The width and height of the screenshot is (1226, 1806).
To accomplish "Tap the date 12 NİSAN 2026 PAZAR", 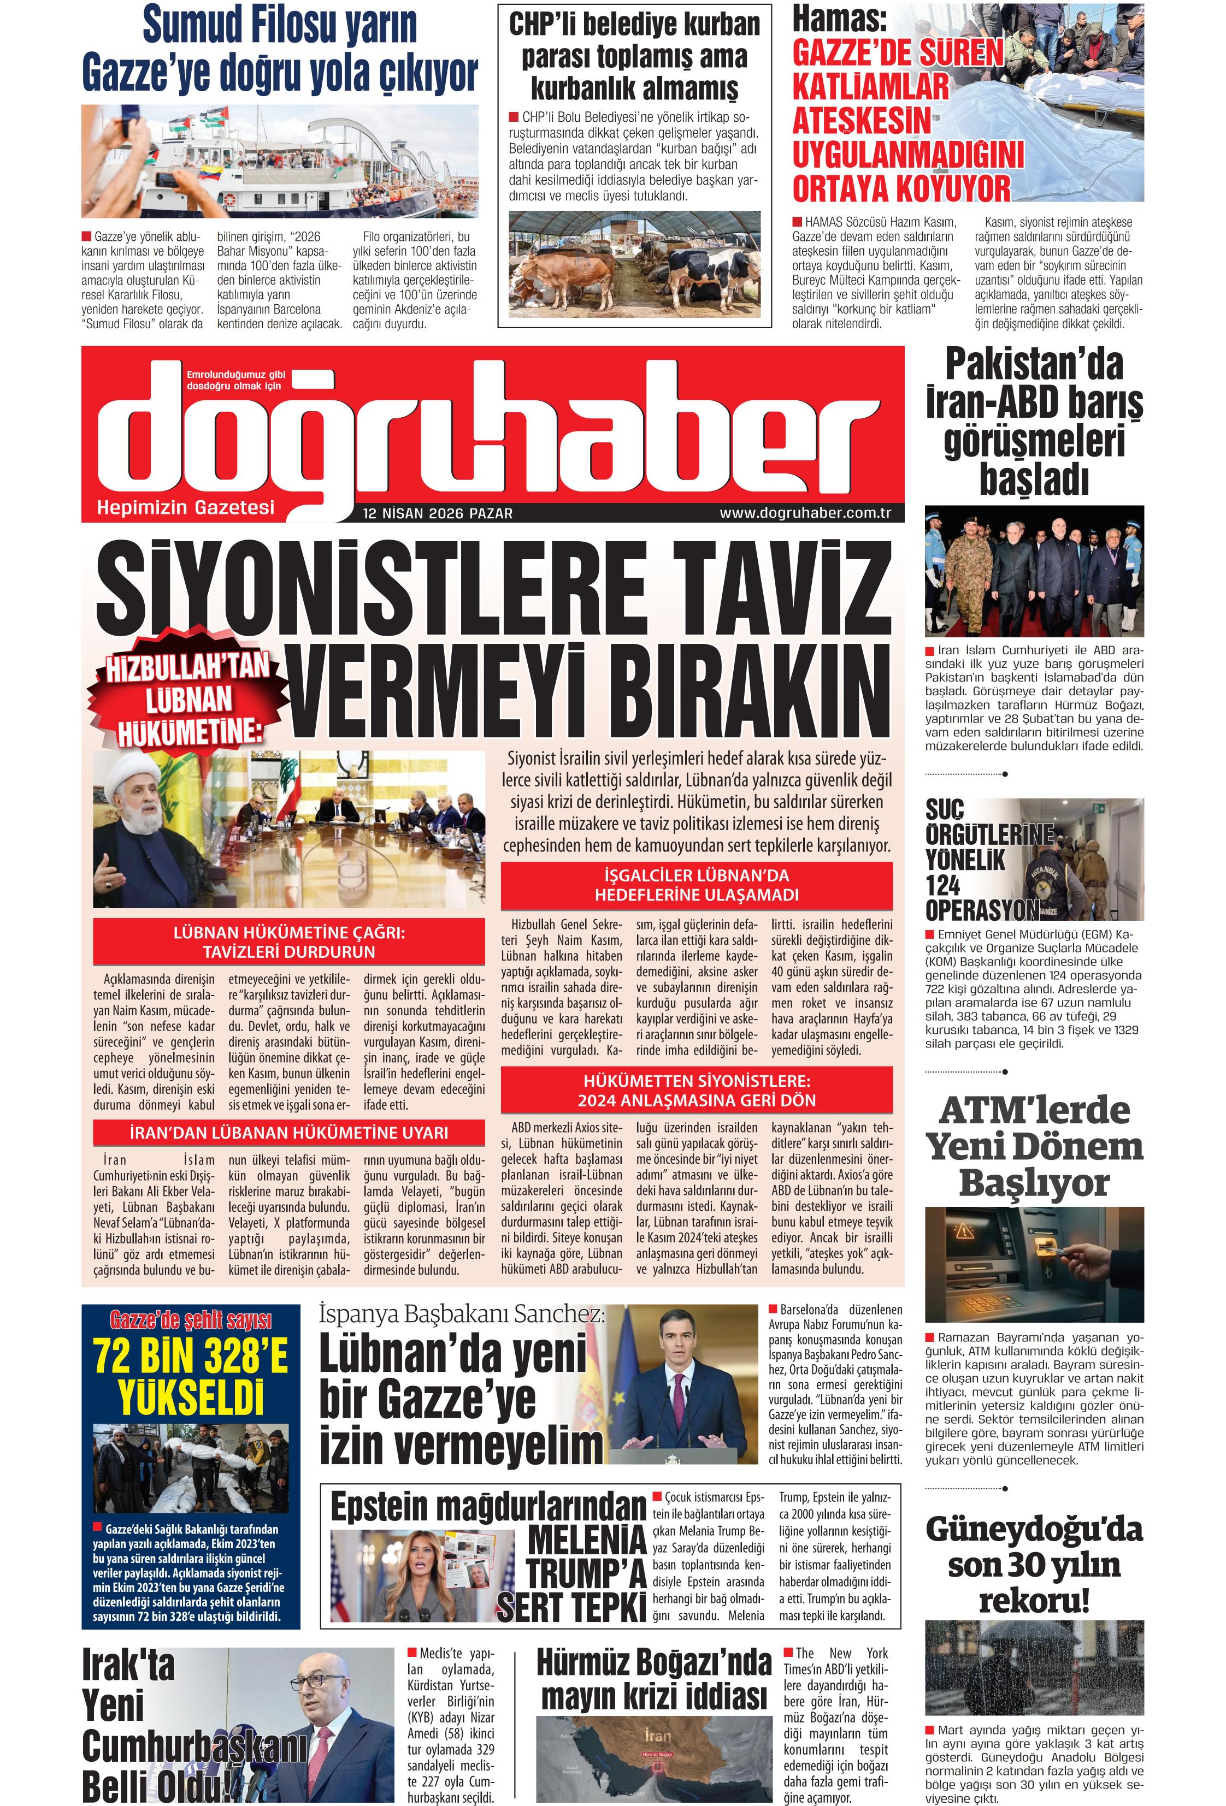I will click(x=438, y=514).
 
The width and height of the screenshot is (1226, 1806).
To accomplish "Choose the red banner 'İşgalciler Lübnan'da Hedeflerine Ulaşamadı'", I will click(x=696, y=885).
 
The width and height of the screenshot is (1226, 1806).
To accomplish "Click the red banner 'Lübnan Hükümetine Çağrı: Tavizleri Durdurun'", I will click(x=288, y=941).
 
